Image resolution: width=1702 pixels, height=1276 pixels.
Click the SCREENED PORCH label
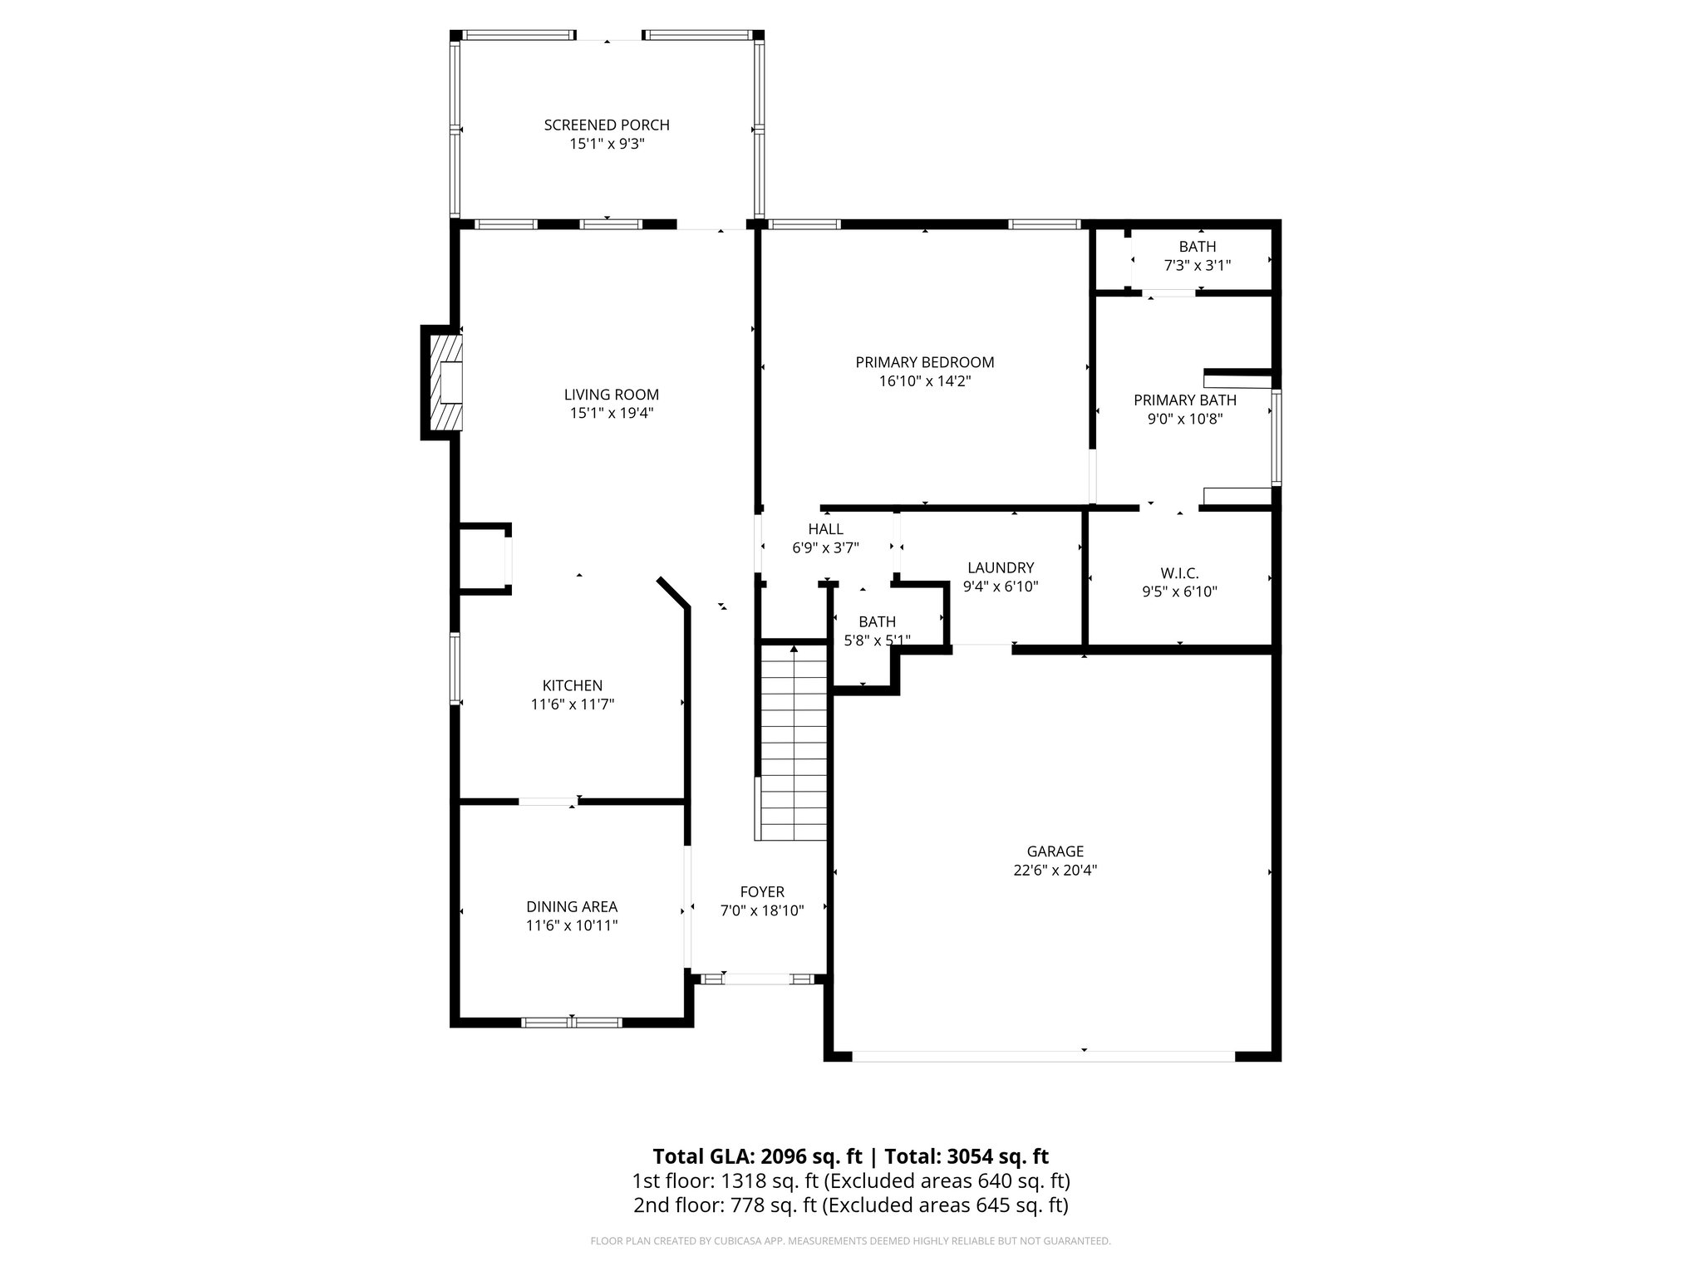tap(607, 125)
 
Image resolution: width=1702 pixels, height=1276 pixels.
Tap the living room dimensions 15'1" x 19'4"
tap(611, 413)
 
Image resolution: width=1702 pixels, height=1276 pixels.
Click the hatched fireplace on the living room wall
tap(444, 381)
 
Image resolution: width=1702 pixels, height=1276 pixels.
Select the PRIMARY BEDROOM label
tap(925, 362)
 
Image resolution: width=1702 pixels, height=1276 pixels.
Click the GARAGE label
tap(1055, 851)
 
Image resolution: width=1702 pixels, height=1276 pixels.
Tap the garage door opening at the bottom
tap(1043, 1056)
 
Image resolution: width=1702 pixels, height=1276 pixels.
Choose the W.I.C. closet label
tap(1180, 573)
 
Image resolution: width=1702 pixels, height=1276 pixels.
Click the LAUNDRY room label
tap(1001, 567)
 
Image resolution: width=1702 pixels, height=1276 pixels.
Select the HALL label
tap(825, 529)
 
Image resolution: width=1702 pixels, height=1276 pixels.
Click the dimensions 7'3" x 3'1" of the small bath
tap(1197, 265)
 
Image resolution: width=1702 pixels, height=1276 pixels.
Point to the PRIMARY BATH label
tap(1185, 400)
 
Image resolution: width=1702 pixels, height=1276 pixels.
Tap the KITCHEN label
tap(573, 685)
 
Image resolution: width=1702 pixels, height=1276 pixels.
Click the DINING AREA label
tap(572, 906)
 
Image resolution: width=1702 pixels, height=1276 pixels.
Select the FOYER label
tap(762, 892)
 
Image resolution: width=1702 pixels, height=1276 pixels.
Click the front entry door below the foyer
tap(758, 979)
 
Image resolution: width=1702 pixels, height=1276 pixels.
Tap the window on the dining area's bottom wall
tap(572, 1022)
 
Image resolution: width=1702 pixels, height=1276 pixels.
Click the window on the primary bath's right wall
tap(1276, 437)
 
